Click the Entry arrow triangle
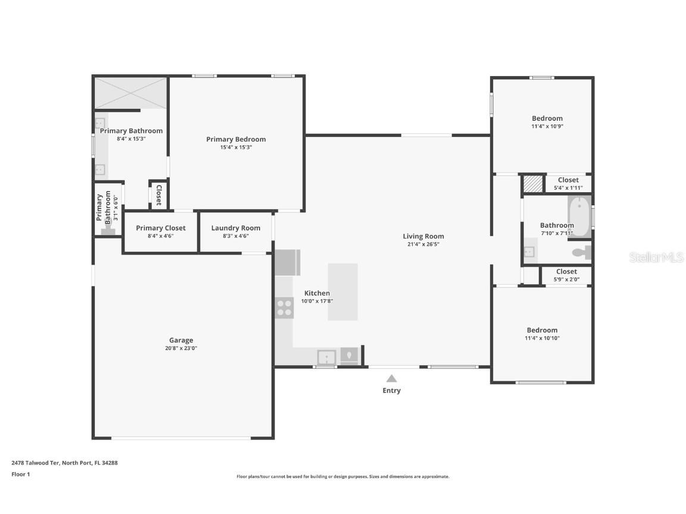pos(391,378)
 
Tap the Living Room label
pos(423,236)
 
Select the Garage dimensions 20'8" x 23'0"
pos(181,349)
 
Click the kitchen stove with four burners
pos(284,308)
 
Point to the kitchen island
pos(342,292)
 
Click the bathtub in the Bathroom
pos(579,217)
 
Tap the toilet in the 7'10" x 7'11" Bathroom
pos(581,253)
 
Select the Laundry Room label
pos(235,228)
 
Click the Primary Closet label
pos(160,228)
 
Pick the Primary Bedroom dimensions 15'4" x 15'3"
pos(236,148)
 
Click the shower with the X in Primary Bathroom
pos(130,93)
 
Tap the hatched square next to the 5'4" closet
pos(533,183)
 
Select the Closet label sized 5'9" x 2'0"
pos(566,271)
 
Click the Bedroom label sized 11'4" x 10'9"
pos(547,118)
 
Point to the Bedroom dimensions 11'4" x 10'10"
pos(542,339)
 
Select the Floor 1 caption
pos(20,474)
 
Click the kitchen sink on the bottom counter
pos(326,357)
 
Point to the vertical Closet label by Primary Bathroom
pos(158,195)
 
